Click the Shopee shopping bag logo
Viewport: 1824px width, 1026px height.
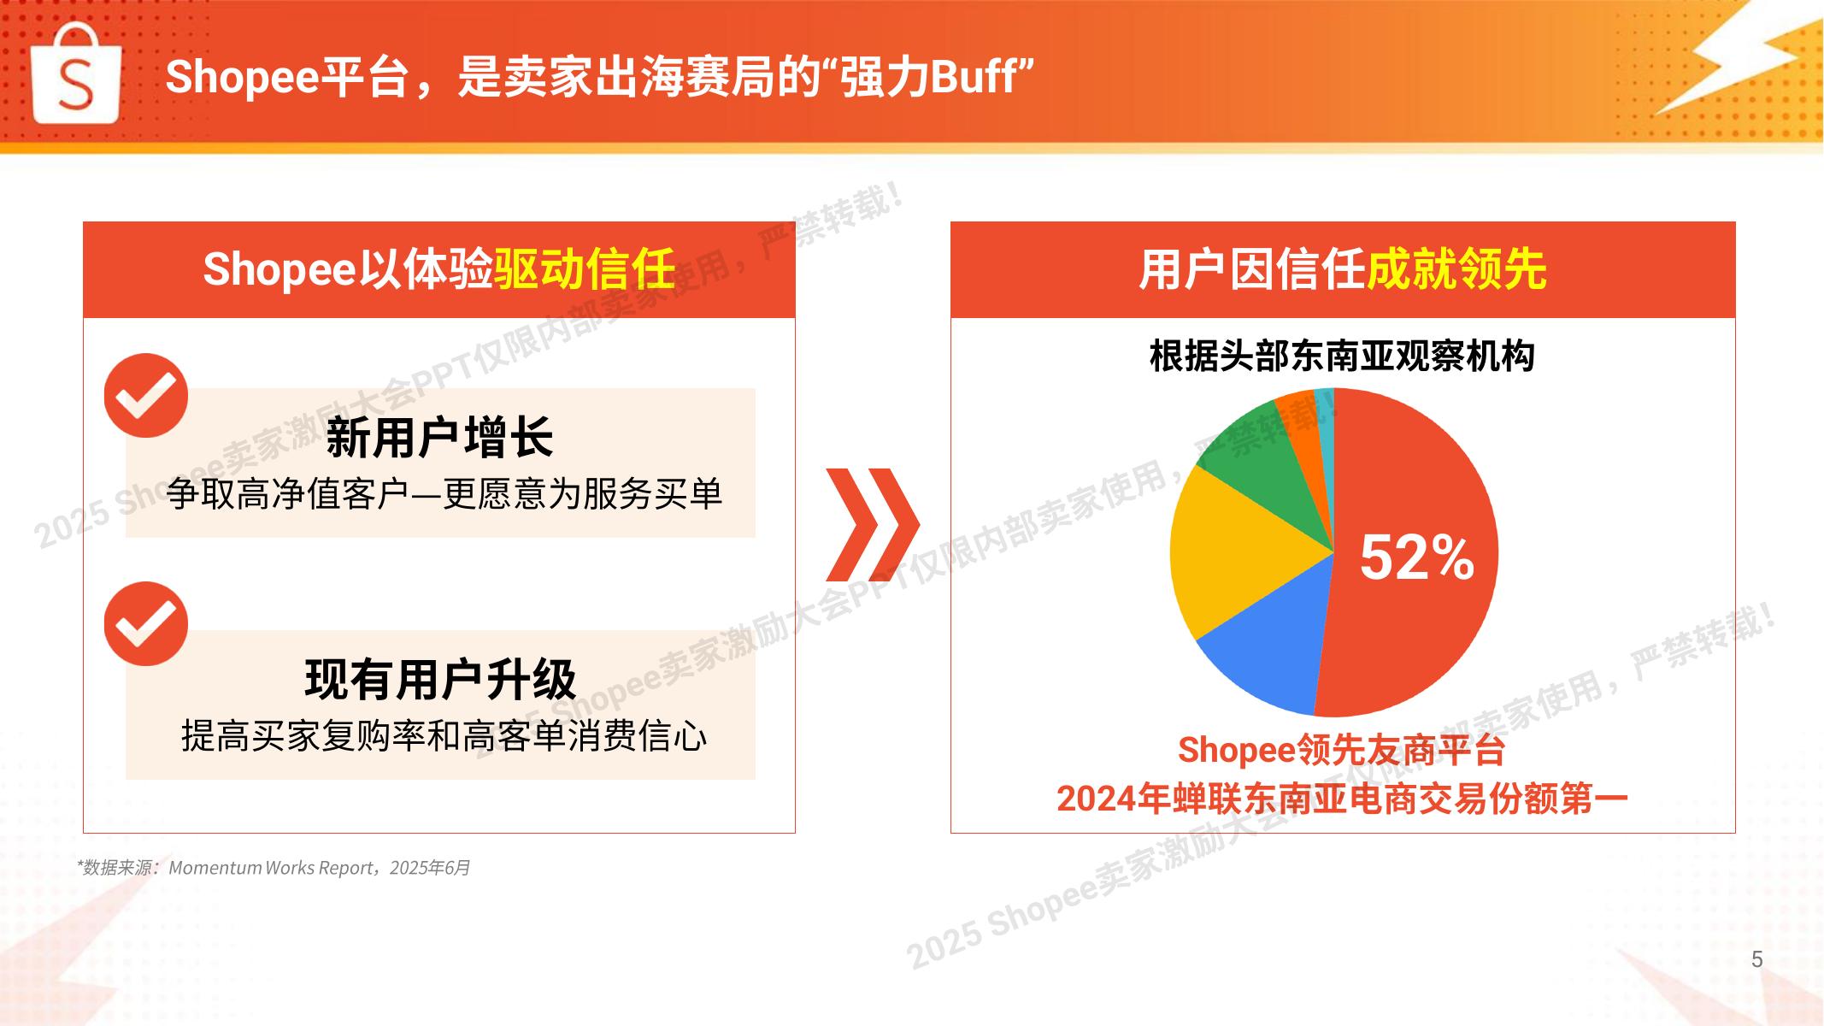pos(76,74)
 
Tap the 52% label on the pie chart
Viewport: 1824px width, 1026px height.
pos(1416,557)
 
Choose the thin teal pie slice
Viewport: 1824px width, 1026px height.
pos(1325,419)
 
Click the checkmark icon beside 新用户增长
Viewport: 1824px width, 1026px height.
pos(146,395)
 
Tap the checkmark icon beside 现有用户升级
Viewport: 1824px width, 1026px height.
pos(146,624)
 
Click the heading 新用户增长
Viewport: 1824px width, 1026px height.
pos(440,438)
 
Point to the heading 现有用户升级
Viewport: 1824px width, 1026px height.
pos(440,680)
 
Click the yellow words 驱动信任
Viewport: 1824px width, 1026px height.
pos(585,269)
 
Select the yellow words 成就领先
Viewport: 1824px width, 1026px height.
pos(1456,269)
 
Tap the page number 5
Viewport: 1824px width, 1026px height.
pos(1757,959)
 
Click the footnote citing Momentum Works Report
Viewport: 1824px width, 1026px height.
pos(274,868)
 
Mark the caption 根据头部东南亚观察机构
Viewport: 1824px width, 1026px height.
pos(1342,356)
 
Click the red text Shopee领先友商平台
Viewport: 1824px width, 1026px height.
pos(1342,750)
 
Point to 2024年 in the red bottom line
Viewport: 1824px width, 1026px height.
pos(1114,799)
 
